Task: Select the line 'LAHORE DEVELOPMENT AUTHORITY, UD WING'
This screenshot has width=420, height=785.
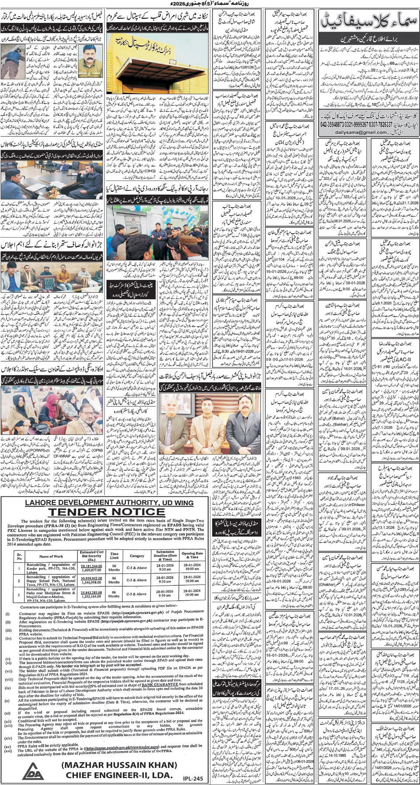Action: (104, 503)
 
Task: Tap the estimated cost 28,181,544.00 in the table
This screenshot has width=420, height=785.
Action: (91, 566)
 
